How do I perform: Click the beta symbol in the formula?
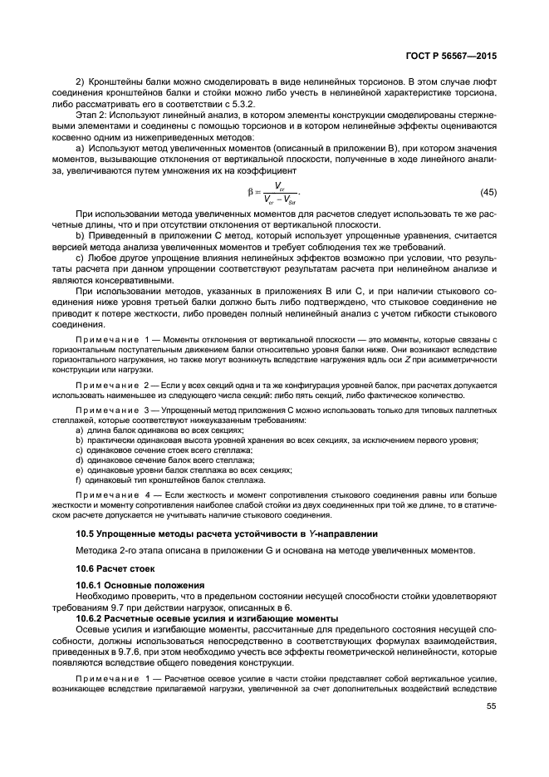click(250, 192)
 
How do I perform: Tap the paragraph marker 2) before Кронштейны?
click(81, 81)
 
